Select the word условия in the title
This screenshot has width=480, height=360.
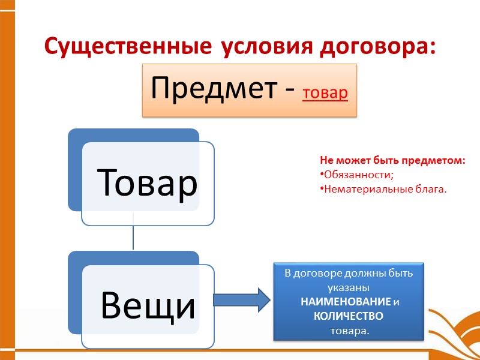click(247, 46)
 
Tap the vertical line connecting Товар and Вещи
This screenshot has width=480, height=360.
click(133, 238)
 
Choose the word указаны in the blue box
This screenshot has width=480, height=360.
click(348, 288)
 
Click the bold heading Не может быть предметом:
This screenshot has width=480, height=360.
click(392, 161)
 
